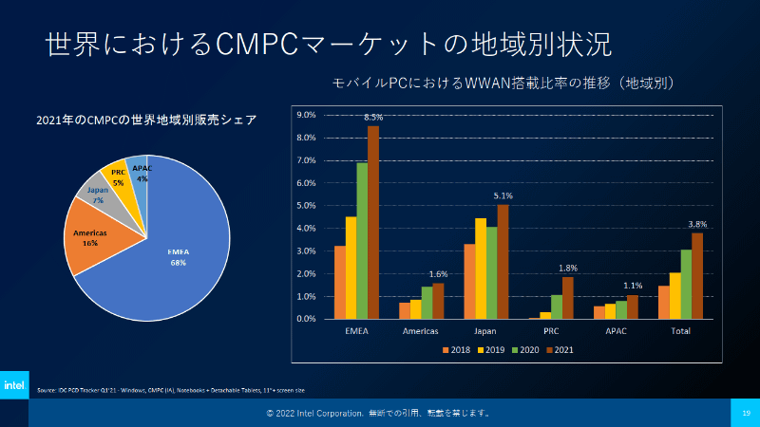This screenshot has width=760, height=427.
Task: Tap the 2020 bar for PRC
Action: coord(556,306)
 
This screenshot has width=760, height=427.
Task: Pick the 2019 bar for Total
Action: coord(674,295)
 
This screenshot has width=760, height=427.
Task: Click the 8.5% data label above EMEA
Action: coord(373,117)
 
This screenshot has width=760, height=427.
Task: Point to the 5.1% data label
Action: coord(503,196)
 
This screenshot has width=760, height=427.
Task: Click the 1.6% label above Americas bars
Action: coord(438,275)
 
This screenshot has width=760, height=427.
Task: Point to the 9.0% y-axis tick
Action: coord(306,115)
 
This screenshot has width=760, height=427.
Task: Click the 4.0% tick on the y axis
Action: coord(306,228)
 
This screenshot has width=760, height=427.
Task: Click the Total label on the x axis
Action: coord(681,331)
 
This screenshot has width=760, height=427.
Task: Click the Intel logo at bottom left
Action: coord(14,385)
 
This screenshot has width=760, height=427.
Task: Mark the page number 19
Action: coord(746,413)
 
